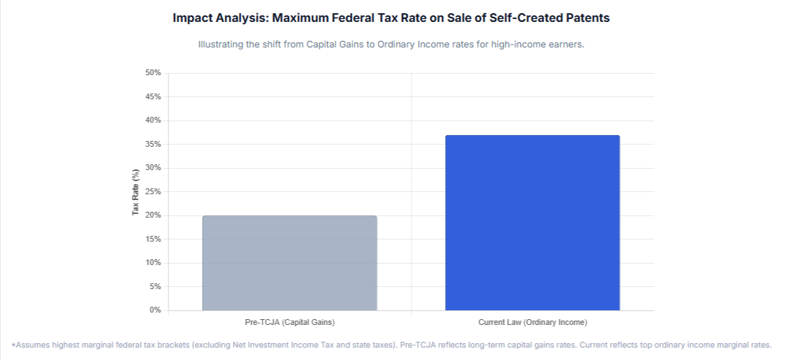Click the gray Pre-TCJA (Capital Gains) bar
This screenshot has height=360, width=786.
290,263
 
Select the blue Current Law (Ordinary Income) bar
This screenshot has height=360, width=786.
532,223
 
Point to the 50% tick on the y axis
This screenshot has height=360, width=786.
153,73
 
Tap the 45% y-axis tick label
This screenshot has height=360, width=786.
153,96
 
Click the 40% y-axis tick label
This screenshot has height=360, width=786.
153,120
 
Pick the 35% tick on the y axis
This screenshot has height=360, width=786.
153,144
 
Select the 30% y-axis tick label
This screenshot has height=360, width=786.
153,168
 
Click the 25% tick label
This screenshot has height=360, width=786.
153,191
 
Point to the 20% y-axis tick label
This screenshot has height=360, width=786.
153,215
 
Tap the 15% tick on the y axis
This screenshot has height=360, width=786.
153,239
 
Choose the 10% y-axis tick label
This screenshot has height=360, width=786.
153,263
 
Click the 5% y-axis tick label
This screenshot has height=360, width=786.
155,286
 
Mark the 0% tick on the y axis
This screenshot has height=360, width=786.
155,310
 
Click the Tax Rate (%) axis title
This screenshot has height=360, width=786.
135,191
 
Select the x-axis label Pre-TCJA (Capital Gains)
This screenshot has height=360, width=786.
290,322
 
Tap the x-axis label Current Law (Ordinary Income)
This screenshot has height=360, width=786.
532,322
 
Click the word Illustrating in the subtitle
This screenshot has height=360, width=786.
222,45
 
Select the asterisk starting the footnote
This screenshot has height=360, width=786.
14,344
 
